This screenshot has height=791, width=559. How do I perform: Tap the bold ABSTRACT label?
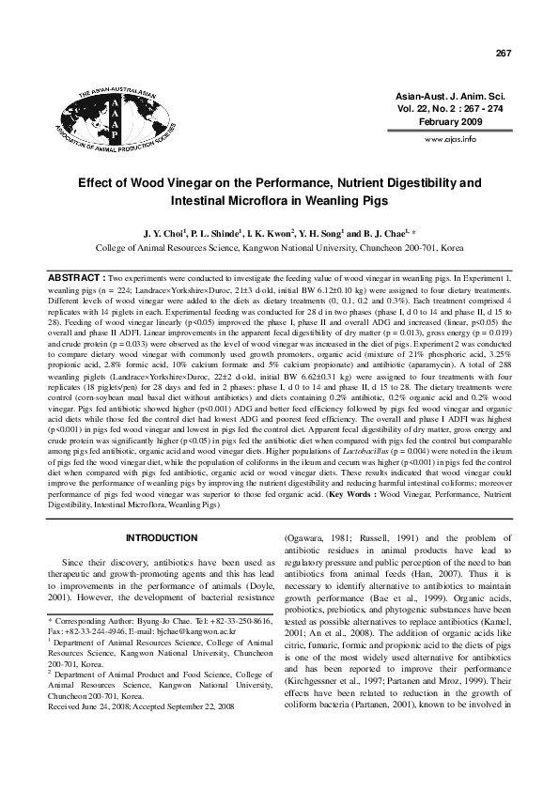pos(77,279)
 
